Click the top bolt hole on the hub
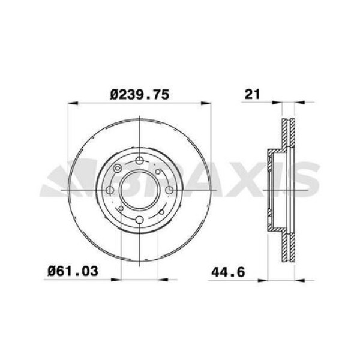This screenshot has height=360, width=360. [139, 160]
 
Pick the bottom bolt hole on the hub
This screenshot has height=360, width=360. [139, 220]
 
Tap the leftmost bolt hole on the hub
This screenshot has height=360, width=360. [110, 191]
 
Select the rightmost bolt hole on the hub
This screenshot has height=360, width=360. [169, 190]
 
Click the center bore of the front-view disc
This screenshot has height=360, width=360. [139, 190]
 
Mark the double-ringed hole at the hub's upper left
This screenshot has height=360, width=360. [119, 169]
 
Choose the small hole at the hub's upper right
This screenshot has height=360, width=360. [158, 172]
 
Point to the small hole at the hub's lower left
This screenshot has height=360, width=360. [121, 209]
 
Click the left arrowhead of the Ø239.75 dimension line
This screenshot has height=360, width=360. [71, 104]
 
